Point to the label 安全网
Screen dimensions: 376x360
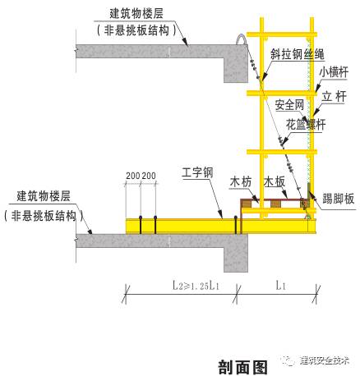pyautogui.click(x=289, y=106)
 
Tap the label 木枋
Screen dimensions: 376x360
pyautogui.click(x=240, y=181)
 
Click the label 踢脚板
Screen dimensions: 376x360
pyautogui.click(x=338, y=199)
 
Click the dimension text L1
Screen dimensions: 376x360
pyautogui.click(x=279, y=287)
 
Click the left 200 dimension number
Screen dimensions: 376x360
pyautogui.click(x=132, y=176)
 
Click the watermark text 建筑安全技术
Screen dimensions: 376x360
pyautogui.click(x=325, y=360)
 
